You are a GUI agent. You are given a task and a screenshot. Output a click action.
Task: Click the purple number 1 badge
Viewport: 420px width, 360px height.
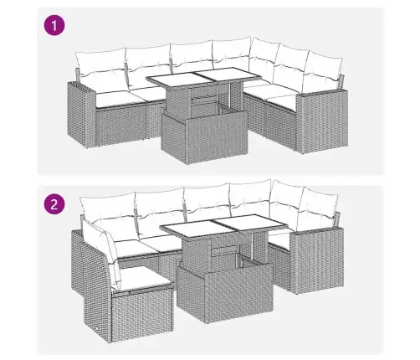[x=54, y=25]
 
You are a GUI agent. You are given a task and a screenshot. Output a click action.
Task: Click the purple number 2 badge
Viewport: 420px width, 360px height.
[x=54, y=204]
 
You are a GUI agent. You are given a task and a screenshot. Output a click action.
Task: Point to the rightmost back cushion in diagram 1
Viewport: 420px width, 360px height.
[x=324, y=71]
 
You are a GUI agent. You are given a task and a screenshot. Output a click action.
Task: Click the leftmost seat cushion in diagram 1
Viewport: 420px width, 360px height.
[x=115, y=98]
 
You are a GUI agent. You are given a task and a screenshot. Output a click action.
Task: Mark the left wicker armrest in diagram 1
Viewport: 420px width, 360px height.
[x=82, y=115]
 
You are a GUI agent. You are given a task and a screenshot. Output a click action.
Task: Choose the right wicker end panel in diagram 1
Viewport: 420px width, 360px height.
[x=324, y=121]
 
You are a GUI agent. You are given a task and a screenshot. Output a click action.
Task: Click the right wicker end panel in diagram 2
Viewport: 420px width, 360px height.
[x=317, y=261]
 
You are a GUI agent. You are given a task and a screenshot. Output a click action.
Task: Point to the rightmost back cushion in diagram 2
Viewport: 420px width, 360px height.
[x=318, y=207]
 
